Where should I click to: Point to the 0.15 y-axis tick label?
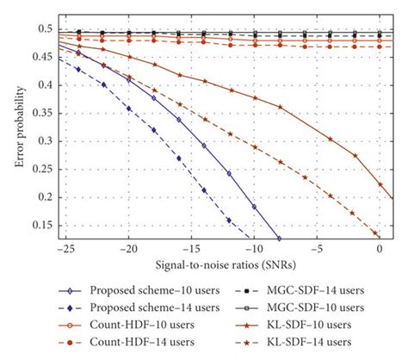coord(40,225)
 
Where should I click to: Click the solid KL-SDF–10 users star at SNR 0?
coord(380,183)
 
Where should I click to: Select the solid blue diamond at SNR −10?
coord(254,207)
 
